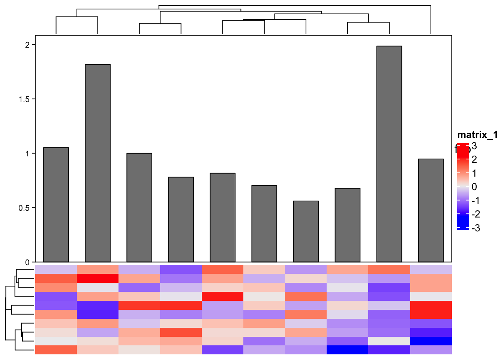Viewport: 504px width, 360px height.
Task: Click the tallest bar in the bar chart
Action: [389, 154]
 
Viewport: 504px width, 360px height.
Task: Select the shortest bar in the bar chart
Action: [306, 231]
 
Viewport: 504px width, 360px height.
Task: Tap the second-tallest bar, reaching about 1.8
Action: [97, 163]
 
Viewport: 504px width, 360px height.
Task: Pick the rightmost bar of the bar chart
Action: [430, 210]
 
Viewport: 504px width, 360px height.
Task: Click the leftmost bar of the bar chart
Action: [56, 205]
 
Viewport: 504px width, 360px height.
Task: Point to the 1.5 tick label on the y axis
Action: [25, 99]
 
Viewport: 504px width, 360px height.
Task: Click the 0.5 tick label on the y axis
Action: [25, 208]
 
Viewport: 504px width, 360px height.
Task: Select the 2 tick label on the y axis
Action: [27, 45]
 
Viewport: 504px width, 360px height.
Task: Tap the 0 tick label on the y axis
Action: [27, 262]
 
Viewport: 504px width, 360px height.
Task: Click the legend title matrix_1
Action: [477, 135]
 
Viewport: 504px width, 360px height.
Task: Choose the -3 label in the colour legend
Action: [475, 228]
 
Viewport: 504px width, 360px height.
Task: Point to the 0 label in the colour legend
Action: [474, 187]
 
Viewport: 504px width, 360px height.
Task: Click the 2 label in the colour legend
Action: [474, 159]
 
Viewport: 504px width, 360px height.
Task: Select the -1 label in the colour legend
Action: [475, 201]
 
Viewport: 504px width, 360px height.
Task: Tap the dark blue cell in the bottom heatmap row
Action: [347, 350]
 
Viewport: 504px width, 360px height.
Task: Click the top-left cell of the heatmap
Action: [56, 269]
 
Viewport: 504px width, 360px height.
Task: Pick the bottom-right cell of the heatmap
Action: [430, 350]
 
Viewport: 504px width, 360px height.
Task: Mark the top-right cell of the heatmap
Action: [430, 269]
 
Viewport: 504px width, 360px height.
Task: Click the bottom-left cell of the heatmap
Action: [56, 350]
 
